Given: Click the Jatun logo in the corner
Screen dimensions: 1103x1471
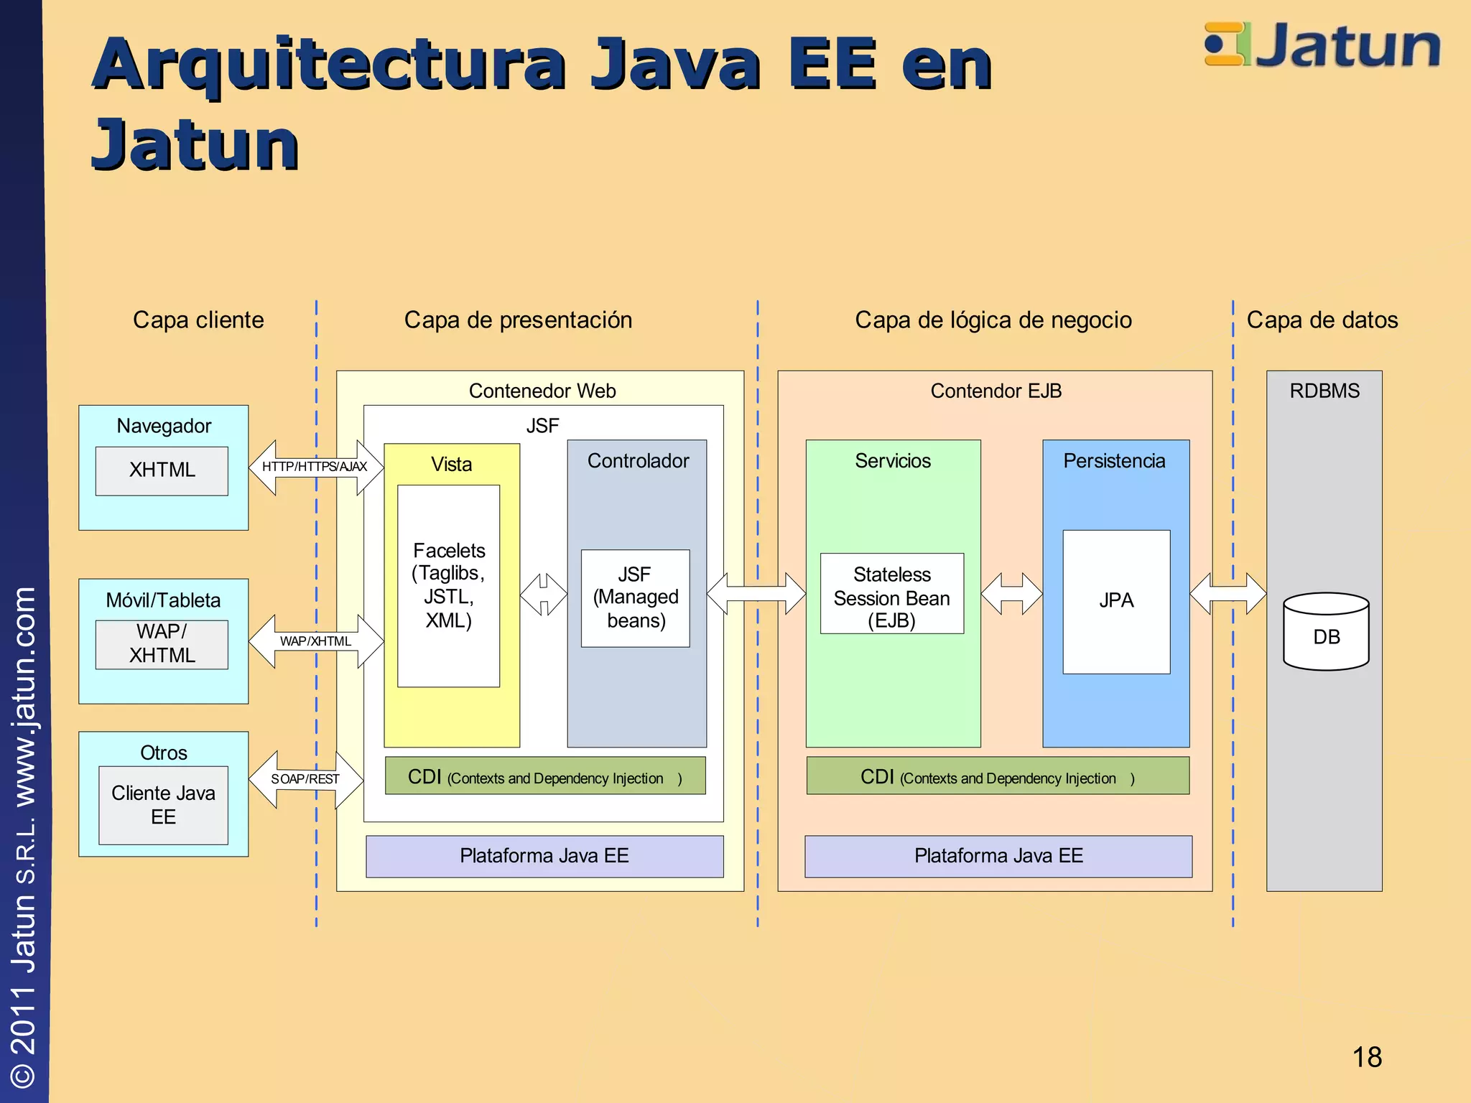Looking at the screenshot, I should pos(1322,45).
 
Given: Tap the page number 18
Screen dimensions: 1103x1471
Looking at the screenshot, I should pos(1366,1057).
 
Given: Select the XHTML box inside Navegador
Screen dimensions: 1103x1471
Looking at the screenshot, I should pos(162,471).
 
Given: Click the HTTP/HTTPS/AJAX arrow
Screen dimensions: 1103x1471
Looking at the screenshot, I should pos(315,467).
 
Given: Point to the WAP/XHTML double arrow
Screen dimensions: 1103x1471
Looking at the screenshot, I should pos(315,641).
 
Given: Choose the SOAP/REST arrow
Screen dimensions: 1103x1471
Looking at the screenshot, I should pos(305,779).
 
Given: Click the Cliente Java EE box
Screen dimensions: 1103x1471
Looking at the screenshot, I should pos(163,805).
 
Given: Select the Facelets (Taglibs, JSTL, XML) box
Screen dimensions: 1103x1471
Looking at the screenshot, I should pos(449,586).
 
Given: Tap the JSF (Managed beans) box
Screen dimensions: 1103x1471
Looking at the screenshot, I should pos(635,598).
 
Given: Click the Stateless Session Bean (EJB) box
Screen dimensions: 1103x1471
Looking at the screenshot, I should pos(891,594).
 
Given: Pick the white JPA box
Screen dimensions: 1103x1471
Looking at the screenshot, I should pos(1116,602).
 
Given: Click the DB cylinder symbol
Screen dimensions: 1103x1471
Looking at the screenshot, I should pos(1326,632).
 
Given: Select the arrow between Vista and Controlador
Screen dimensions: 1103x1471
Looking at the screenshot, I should pos(544,594).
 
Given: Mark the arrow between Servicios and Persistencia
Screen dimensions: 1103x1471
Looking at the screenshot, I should pos(1011,594).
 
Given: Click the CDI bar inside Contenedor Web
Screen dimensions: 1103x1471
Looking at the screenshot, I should pos(545,776).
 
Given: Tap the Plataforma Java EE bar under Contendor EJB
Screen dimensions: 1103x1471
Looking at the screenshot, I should pos(998,856).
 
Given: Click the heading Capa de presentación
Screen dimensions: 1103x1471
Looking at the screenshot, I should pos(518,320).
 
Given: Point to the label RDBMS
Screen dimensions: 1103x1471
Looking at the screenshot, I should pos(1324,391).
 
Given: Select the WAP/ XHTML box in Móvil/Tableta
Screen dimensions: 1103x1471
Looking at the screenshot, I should pos(162,644).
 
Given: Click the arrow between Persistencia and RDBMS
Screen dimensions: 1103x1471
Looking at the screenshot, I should pos(1228,594).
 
